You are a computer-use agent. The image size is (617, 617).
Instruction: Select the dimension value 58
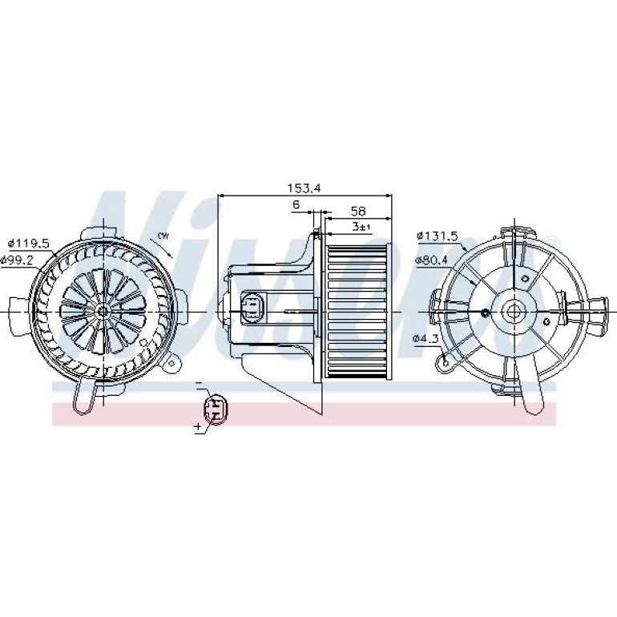click(358, 212)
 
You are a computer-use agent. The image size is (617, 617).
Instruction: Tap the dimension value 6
click(296, 204)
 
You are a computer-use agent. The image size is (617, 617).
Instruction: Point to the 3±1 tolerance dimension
click(361, 227)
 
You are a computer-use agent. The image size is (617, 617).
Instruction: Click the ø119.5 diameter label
click(30, 244)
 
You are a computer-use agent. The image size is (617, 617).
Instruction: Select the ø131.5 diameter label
click(438, 236)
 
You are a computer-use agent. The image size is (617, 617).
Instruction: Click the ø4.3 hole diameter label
click(425, 338)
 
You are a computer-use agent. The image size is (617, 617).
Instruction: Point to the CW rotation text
click(163, 236)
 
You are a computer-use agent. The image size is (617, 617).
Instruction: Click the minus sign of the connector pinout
click(199, 382)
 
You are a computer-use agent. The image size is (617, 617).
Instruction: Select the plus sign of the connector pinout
click(198, 425)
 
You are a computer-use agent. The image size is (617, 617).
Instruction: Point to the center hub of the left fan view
click(103, 311)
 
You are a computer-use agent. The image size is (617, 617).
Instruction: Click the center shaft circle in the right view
click(512, 312)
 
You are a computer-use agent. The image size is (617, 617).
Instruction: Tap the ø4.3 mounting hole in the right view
click(446, 363)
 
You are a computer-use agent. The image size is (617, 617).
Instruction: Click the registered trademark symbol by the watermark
click(552, 240)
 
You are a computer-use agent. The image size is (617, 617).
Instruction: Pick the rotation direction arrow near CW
click(163, 248)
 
